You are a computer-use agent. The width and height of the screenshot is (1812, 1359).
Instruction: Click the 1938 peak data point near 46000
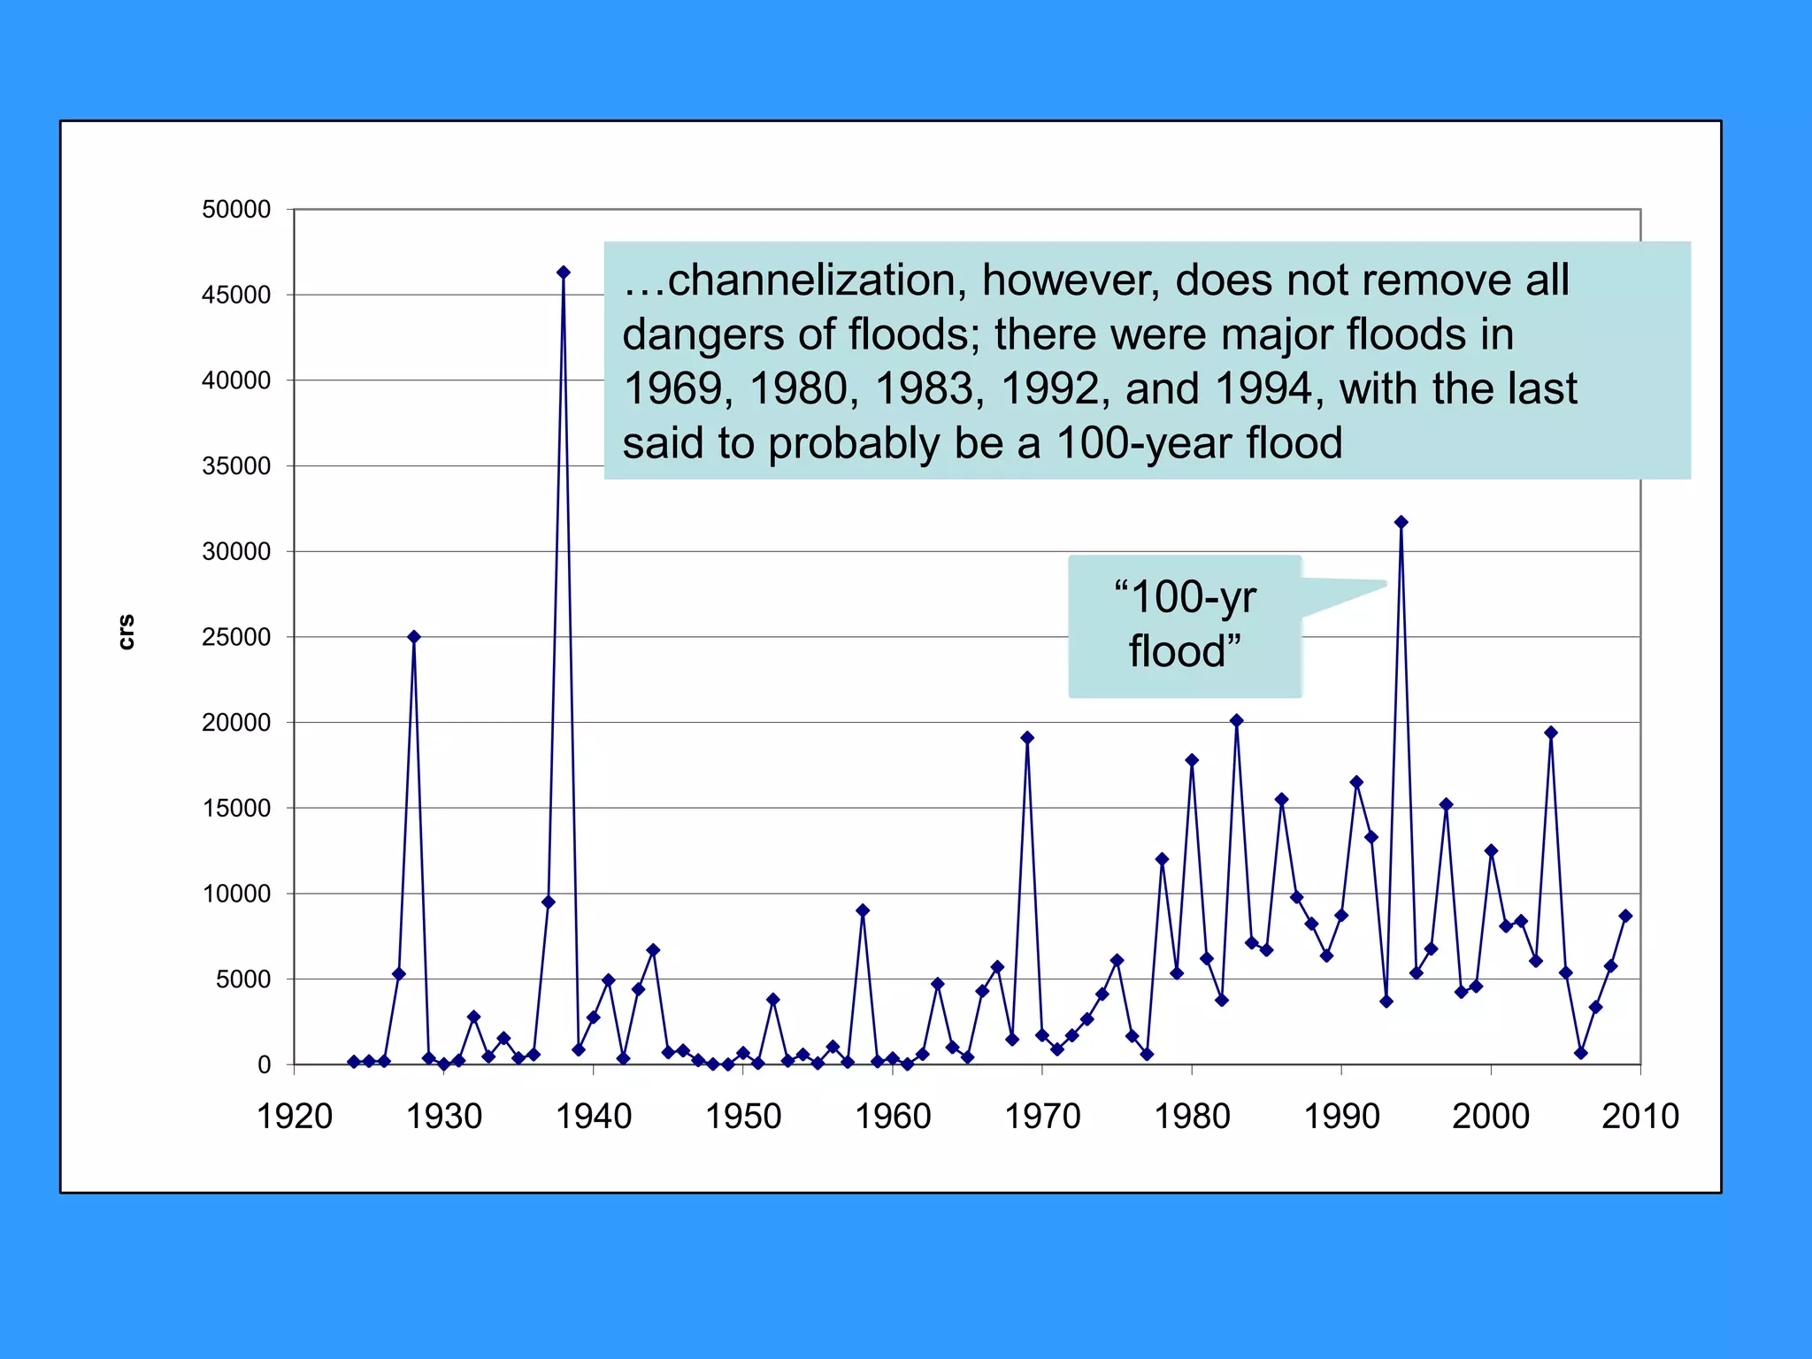564,273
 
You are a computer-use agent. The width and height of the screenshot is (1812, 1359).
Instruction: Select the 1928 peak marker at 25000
414,637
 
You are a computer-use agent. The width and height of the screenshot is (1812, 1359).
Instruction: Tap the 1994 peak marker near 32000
1401,523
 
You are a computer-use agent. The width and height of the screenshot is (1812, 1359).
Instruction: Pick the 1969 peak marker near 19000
1027,738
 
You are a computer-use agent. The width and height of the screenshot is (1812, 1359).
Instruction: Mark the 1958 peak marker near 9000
863,910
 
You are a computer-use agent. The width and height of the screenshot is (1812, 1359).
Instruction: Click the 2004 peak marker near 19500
1551,733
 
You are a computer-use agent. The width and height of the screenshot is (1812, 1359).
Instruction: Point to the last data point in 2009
1625,917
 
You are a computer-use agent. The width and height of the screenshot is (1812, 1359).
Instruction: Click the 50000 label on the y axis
236,210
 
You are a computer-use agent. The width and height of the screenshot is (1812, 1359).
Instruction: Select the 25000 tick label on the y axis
236,637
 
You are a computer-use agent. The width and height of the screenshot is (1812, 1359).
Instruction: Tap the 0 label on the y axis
264,1065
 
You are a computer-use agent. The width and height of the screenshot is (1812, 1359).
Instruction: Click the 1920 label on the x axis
294,1117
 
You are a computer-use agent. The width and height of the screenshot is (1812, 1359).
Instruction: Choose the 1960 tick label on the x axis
893,1117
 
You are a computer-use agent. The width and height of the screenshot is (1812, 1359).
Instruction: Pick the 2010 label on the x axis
1639,1117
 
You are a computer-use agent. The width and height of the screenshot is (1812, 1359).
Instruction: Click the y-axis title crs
127,632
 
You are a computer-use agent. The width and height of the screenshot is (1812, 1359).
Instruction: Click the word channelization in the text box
810,280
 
